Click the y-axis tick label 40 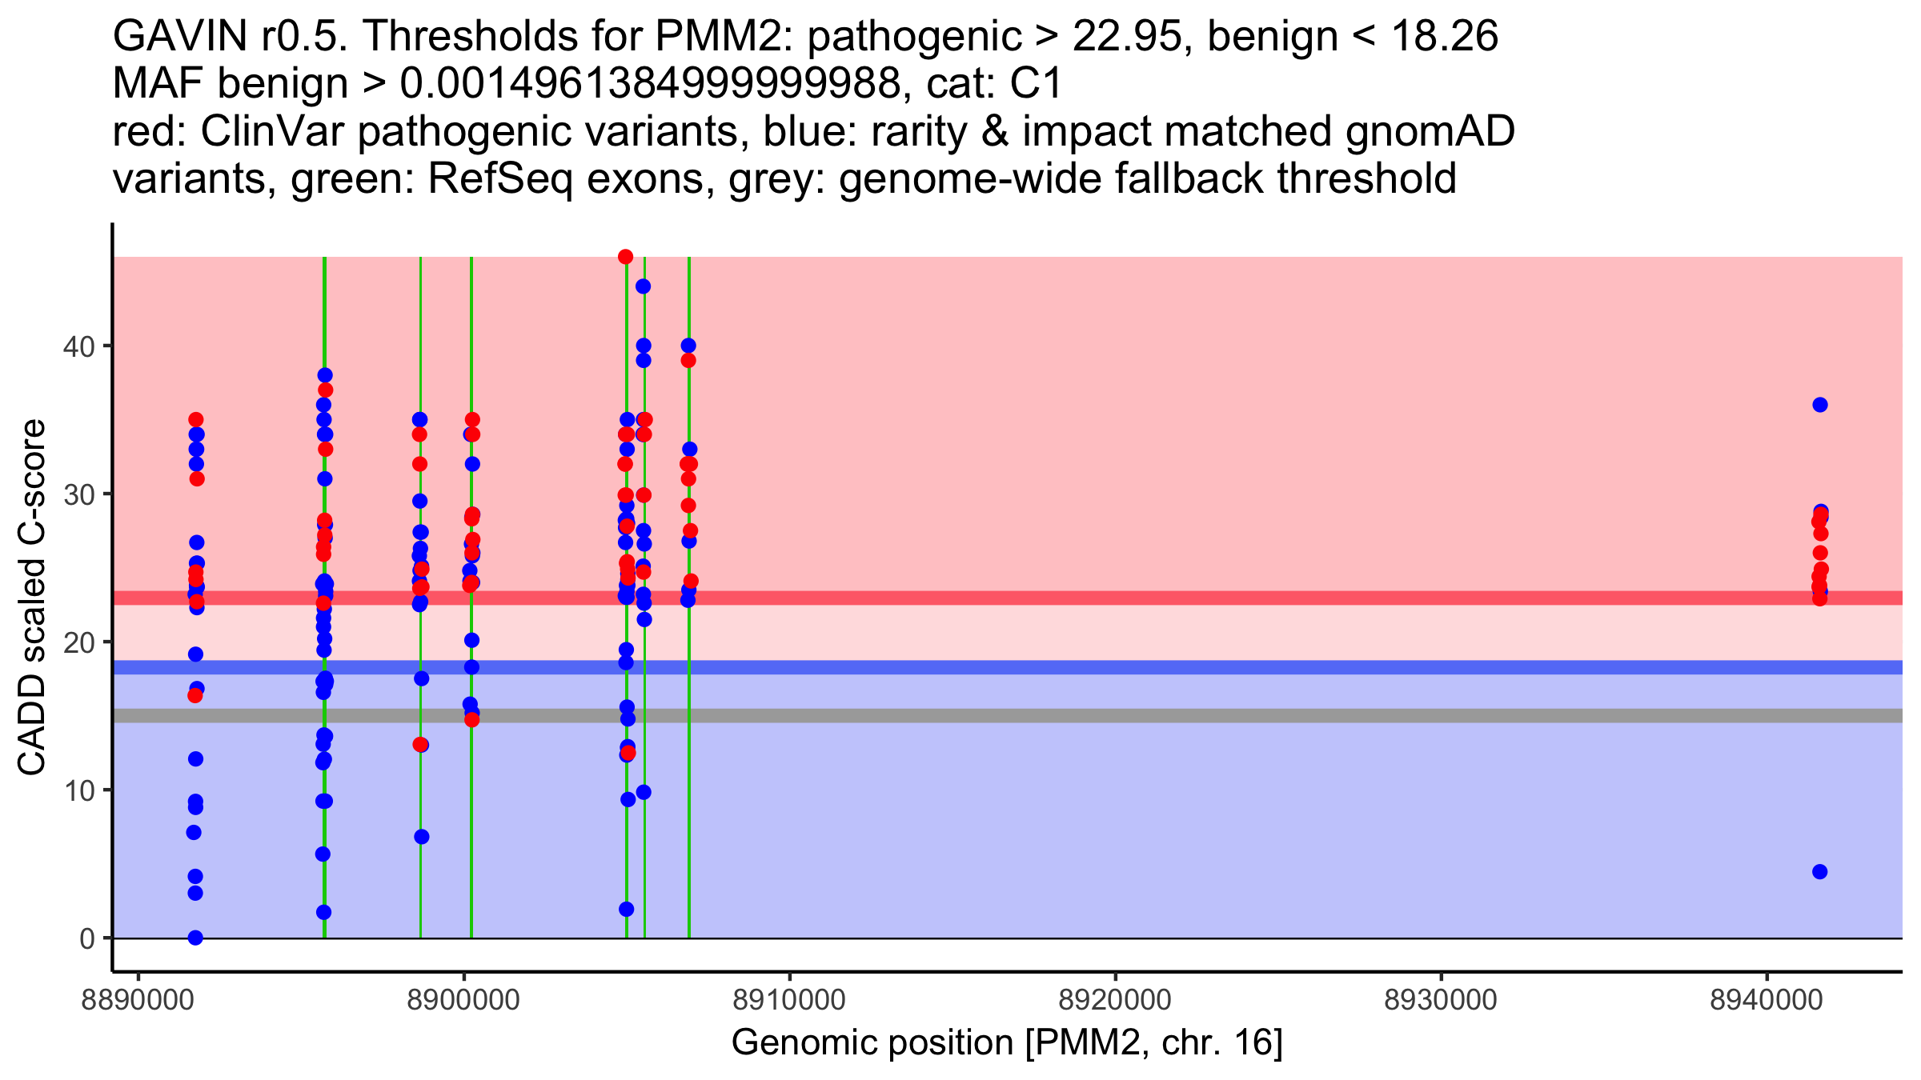(78, 346)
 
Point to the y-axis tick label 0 (86, 938)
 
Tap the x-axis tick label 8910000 (789, 1000)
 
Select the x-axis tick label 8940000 (1767, 1000)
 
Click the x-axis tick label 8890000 (138, 1000)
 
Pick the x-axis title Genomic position (1007, 1043)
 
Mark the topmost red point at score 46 (625, 257)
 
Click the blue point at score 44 (643, 286)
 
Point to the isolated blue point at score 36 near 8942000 (1819, 405)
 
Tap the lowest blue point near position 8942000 (1819, 871)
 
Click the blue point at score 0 (195, 938)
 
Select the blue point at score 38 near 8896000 (325, 375)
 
